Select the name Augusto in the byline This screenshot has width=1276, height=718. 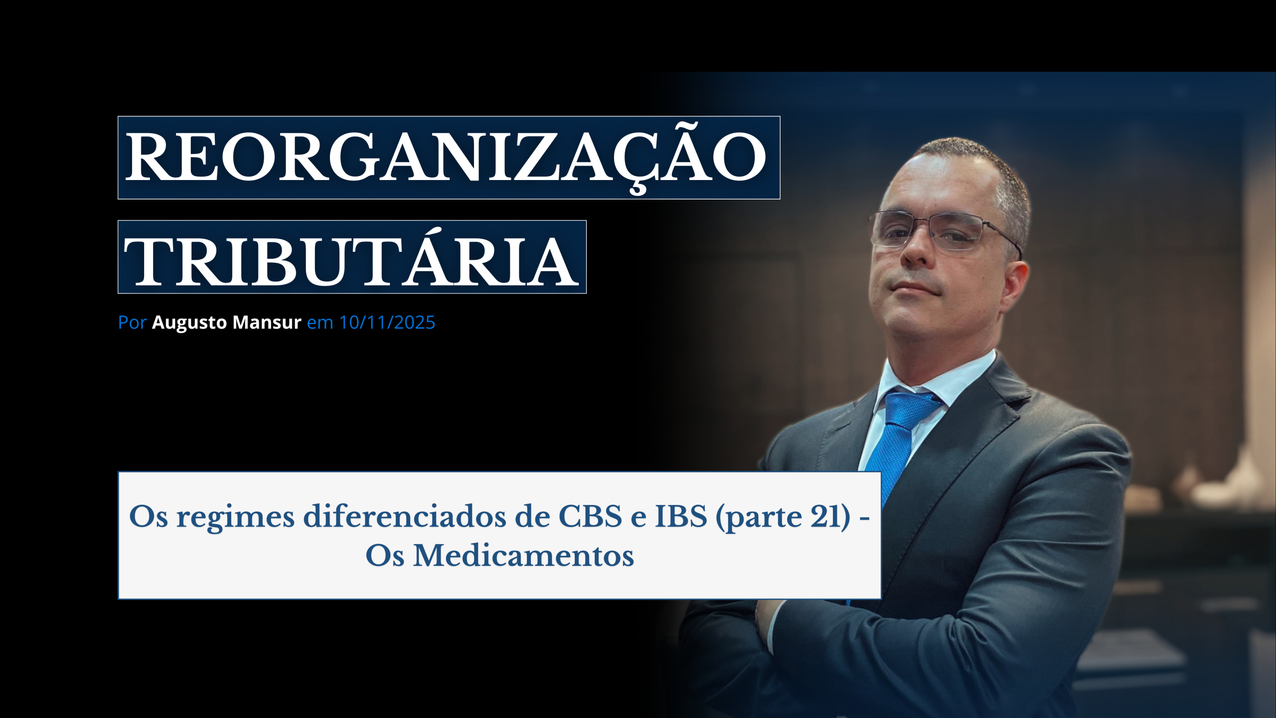click(x=189, y=323)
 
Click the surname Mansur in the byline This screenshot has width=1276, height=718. click(x=267, y=323)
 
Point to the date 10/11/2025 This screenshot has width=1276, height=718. click(x=387, y=323)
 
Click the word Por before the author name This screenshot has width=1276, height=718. click(x=132, y=323)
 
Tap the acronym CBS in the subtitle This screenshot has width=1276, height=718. click(x=590, y=516)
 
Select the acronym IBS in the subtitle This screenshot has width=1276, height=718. click(x=681, y=516)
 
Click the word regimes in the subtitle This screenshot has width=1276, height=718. click(x=235, y=519)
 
